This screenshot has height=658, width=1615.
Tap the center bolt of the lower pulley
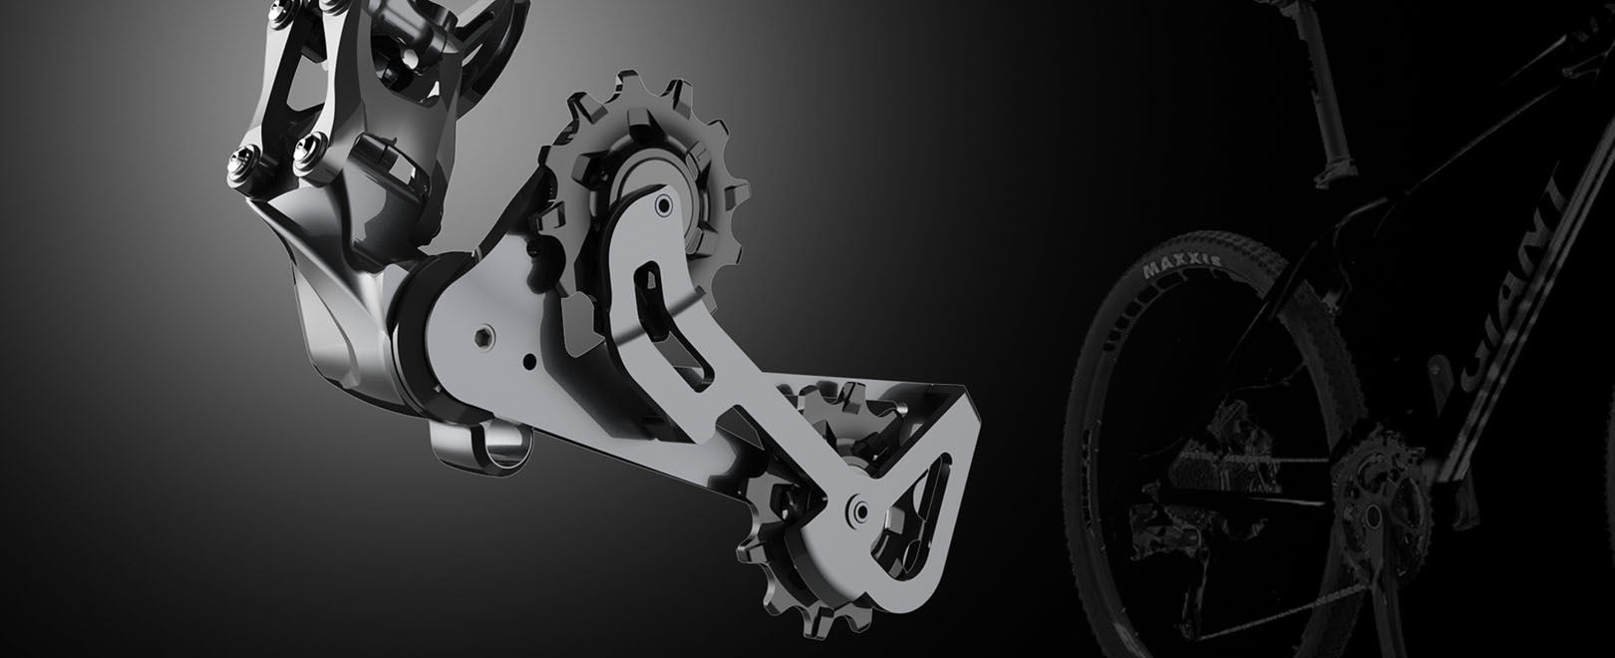tap(855, 510)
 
